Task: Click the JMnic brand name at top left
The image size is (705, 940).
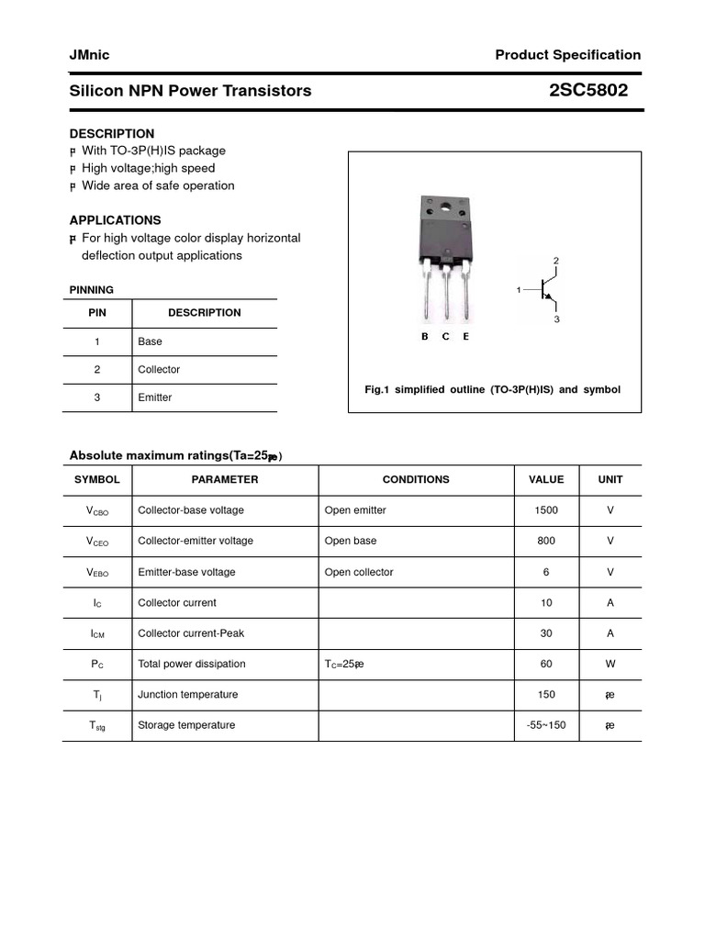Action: [x=89, y=55]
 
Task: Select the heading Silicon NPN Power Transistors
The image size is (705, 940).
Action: [x=190, y=91]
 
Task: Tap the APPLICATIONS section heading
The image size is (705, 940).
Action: [x=115, y=220]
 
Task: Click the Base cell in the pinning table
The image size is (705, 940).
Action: [x=150, y=341]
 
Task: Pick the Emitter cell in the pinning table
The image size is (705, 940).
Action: [x=154, y=397]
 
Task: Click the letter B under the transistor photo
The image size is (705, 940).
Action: [x=424, y=337]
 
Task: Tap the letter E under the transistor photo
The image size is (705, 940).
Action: [x=465, y=337]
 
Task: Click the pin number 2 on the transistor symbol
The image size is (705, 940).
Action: [x=556, y=262]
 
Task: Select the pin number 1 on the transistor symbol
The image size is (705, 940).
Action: [x=519, y=290]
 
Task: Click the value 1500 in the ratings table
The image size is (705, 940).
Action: [x=546, y=510]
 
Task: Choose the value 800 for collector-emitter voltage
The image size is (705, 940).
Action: [x=546, y=541]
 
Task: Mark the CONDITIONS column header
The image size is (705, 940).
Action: [x=416, y=479]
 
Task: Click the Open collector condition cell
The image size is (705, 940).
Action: [x=359, y=572]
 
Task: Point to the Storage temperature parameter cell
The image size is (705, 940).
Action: [x=186, y=725]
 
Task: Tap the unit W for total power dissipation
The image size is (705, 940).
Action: [x=610, y=664]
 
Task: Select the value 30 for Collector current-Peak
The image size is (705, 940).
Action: [x=546, y=633]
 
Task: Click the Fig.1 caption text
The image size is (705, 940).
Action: [x=492, y=390]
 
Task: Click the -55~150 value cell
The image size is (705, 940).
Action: [x=546, y=725]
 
